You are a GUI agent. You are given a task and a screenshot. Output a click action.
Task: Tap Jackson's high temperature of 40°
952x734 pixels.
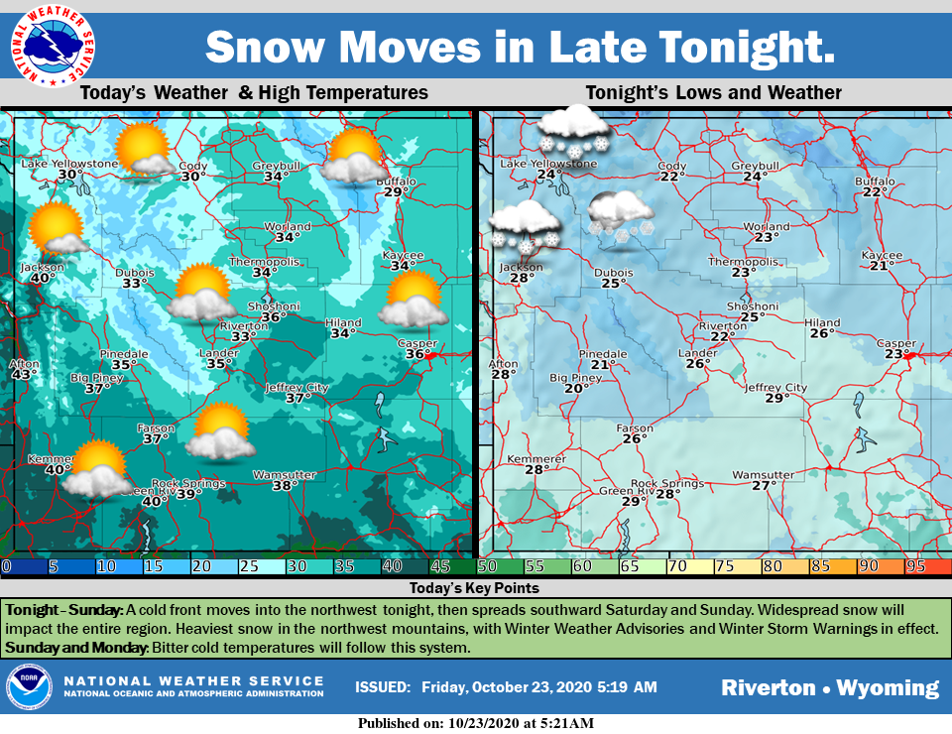pos(41,279)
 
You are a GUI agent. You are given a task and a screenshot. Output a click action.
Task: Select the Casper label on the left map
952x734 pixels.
pos(416,343)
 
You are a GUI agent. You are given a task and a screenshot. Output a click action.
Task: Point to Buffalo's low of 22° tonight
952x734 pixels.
pos(874,192)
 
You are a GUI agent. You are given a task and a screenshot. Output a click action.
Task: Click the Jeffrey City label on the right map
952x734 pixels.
pos(775,387)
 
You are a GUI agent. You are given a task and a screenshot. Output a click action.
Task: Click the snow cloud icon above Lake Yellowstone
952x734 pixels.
pos(572,131)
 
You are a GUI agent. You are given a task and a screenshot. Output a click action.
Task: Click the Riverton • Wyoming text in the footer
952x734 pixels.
pos(829,687)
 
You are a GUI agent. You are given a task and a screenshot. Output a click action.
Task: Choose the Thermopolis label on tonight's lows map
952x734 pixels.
pos(742,261)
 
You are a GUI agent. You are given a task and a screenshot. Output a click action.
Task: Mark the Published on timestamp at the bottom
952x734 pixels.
pos(476,723)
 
